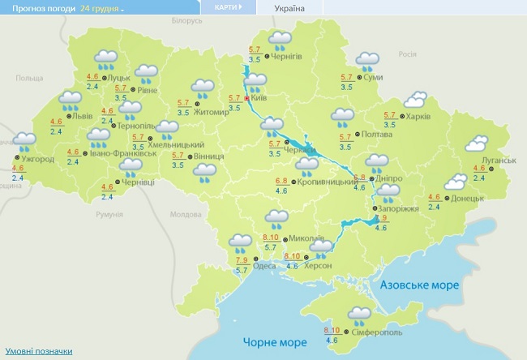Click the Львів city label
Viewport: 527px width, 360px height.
click(x=83, y=116)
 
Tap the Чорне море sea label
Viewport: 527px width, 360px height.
click(x=270, y=343)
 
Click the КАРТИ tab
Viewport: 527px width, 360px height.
click(x=226, y=7)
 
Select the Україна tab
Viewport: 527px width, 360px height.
click(x=289, y=8)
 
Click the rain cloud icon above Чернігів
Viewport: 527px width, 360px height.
click(x=280, y=39)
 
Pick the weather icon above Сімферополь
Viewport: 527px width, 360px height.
click(x=361, y=315)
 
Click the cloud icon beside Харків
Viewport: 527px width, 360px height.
click(x=417, y=100)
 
